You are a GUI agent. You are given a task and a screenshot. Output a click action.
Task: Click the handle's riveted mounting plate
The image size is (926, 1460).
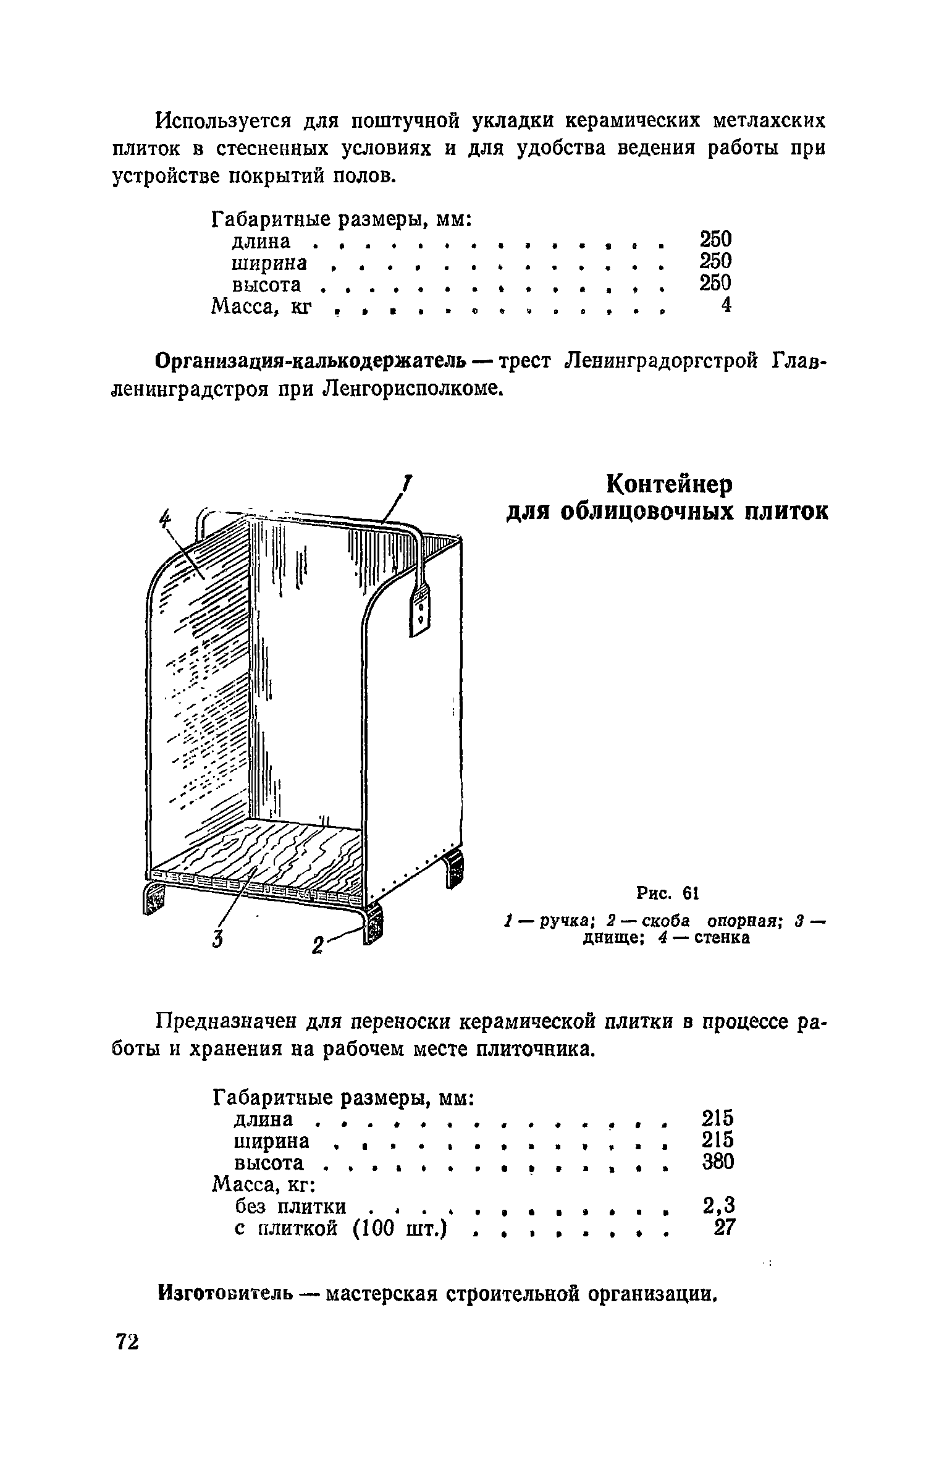(x=420, y=612)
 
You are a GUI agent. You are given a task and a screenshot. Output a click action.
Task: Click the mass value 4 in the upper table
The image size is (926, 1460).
(x=726, y=305)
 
